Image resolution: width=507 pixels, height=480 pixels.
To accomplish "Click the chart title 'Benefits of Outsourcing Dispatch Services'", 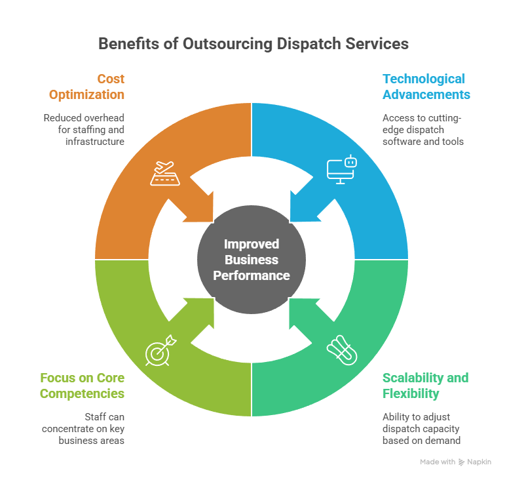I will point(253,44).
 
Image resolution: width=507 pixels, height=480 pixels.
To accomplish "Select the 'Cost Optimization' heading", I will point(86,87).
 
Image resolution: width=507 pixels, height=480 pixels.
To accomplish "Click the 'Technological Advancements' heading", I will point(426,87).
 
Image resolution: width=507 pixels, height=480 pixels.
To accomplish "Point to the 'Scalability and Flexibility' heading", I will point(425,386).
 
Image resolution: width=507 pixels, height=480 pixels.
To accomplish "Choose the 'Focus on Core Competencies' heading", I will point(82,386).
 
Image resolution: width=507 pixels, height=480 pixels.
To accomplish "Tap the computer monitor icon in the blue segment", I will point(340,170).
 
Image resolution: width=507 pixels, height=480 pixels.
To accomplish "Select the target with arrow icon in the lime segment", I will point(160,350).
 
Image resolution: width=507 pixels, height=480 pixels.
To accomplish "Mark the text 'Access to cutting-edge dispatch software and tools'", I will point(423,130).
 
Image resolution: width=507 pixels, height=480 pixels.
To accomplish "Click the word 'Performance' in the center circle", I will point(252,275).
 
